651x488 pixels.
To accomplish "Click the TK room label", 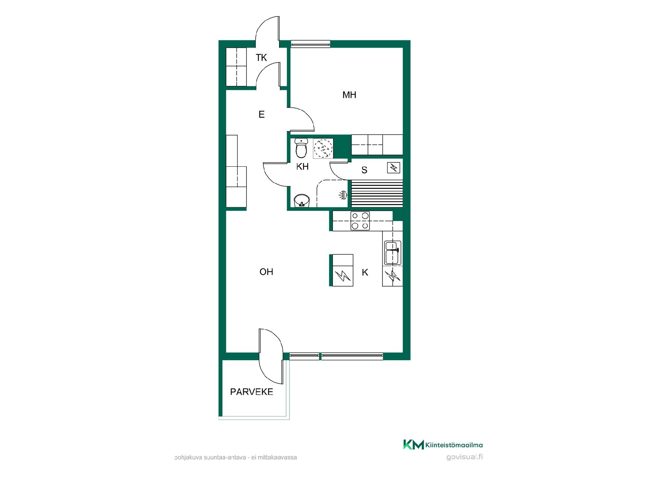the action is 261,58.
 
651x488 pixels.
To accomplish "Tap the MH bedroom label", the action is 349,95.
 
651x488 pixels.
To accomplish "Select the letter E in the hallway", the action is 261,115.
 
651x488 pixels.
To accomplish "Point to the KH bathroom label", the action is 302,167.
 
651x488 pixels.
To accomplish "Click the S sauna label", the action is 364,170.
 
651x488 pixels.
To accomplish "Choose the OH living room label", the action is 266,272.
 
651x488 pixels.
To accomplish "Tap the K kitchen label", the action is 365,272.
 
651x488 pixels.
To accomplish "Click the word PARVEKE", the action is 252,392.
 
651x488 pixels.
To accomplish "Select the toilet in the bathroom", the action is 301,148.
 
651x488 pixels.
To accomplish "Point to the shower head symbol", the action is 343,195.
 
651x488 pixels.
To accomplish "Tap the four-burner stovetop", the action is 360,221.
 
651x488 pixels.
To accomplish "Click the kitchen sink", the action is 393,253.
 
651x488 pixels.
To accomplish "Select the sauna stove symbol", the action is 394,167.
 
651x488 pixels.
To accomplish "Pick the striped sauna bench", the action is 377,194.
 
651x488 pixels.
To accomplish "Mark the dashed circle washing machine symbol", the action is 322,148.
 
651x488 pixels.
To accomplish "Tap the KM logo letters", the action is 413,445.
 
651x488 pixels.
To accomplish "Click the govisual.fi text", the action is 465,457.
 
